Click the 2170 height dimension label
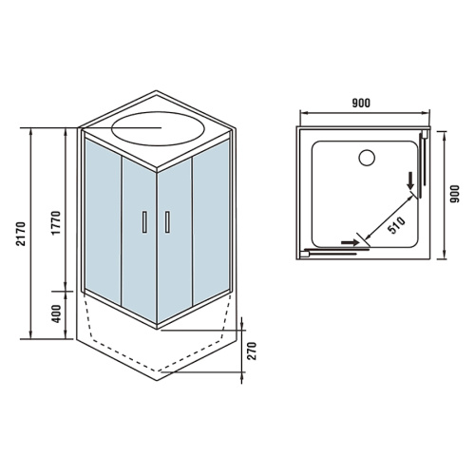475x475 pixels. pos(21,234)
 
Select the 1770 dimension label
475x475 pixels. pos(56,223)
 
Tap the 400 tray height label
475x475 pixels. pos(56,313)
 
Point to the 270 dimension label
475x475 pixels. pos(252,351)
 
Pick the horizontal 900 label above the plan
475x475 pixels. pos(361,103)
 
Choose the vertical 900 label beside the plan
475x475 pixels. pos(454,194)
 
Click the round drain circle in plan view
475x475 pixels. pos(367,158)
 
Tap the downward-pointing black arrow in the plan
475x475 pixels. pos(410,180)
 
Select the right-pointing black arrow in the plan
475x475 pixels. pos(351,242)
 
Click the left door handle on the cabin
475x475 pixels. pos(144,222)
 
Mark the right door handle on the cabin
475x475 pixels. pos(167,222)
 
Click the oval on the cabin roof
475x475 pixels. pos(158,128)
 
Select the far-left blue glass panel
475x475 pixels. pos(103,221)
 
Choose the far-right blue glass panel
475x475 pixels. pos(211,221)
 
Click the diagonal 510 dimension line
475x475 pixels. pos(389,218)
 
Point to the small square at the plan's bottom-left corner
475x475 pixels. pos(304,255)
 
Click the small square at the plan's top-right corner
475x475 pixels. pos(425,135)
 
